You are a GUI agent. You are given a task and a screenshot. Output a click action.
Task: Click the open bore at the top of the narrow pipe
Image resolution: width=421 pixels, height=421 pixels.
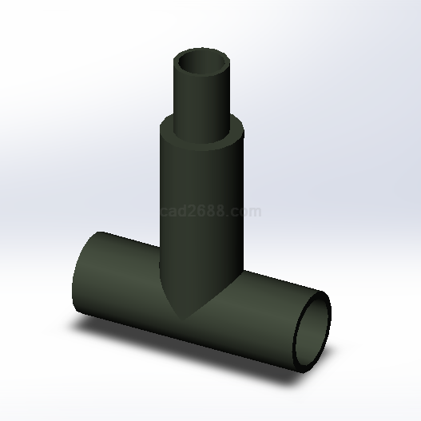(201, 63)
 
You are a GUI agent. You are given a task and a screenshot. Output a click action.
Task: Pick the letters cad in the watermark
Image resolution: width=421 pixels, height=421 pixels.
(173, 211)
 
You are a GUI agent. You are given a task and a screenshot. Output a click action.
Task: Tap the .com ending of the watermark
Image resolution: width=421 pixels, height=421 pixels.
(244, 212)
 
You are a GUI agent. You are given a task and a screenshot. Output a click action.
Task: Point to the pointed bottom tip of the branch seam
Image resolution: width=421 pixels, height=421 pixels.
(184, 320)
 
